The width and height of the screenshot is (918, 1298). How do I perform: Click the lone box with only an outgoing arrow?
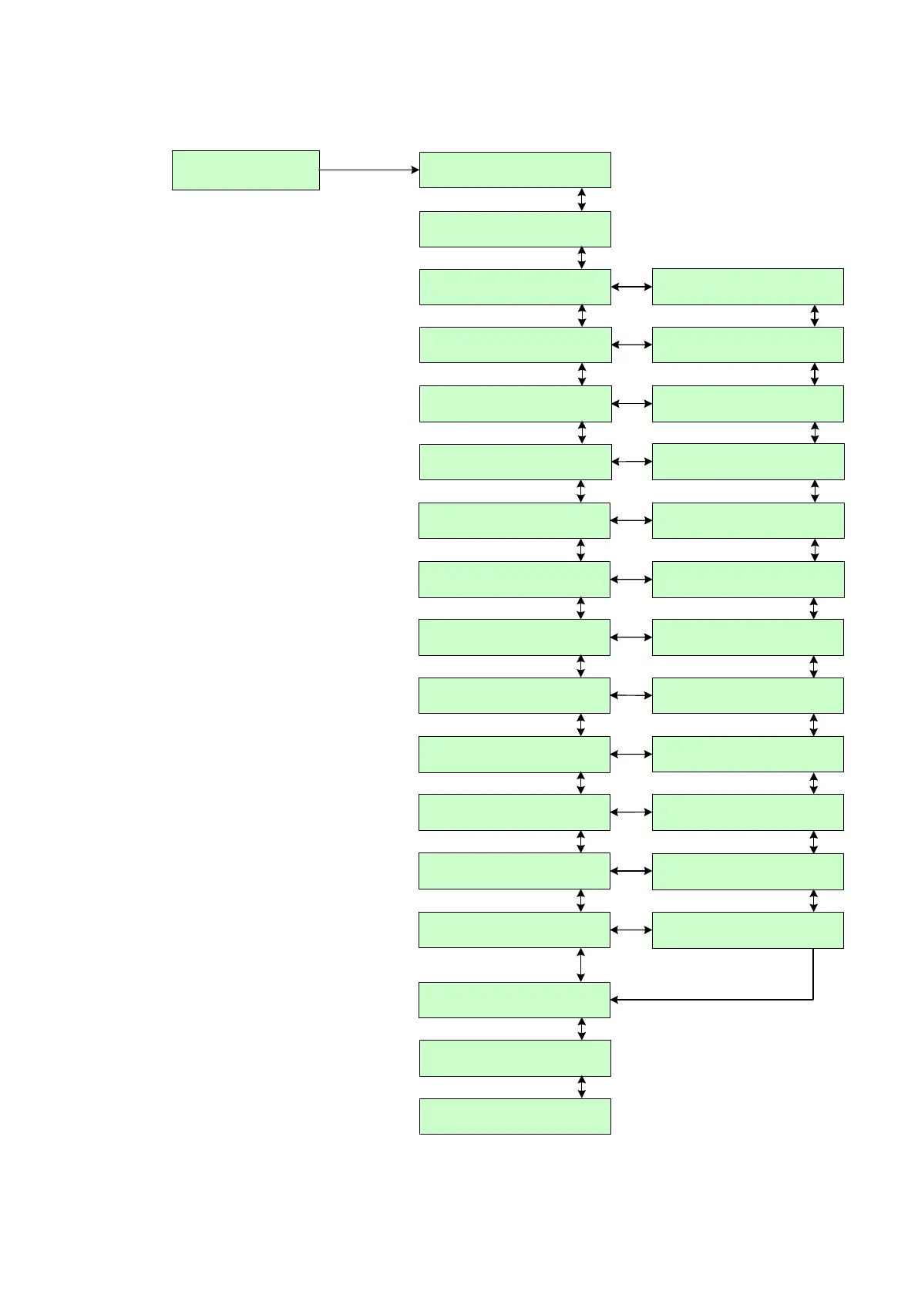tap(245, 170)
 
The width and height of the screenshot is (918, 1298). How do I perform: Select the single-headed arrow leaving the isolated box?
tap(368, 170)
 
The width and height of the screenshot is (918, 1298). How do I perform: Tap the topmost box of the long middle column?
tap(515, 170)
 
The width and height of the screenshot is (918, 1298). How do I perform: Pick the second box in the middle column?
tap(515, 229)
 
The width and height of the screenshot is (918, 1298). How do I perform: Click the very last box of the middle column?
tap(515, 1116)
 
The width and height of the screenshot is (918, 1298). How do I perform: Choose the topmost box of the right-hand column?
tap(748, 287)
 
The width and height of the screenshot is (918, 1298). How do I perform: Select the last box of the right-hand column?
tap(748, 930)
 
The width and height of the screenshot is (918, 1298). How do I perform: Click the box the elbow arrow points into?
tap(514, 1000)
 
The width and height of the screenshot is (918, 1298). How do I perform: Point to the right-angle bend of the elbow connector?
tap(813, 1000)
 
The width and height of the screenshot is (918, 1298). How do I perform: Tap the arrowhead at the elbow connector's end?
tap(615, 1000)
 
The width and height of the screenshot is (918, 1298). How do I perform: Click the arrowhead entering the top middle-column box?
tap(415, 170)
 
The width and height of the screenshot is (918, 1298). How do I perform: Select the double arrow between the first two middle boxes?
tap(582, 200)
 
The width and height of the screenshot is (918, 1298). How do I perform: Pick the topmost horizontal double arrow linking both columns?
tap(631, 287)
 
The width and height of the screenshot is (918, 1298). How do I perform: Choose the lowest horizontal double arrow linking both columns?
tap(631, 930)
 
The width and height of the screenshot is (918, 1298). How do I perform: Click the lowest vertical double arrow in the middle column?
tap(582, 1087)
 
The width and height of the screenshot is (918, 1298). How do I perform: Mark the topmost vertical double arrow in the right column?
tap(815, 316)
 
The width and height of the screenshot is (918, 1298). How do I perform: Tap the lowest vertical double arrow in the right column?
tap(813, 901)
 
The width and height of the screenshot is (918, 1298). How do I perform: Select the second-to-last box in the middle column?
tap(515, 1058)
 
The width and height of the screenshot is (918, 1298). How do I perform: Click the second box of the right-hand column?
tap(748, 345)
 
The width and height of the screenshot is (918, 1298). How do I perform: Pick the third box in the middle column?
tap(515, 287)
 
